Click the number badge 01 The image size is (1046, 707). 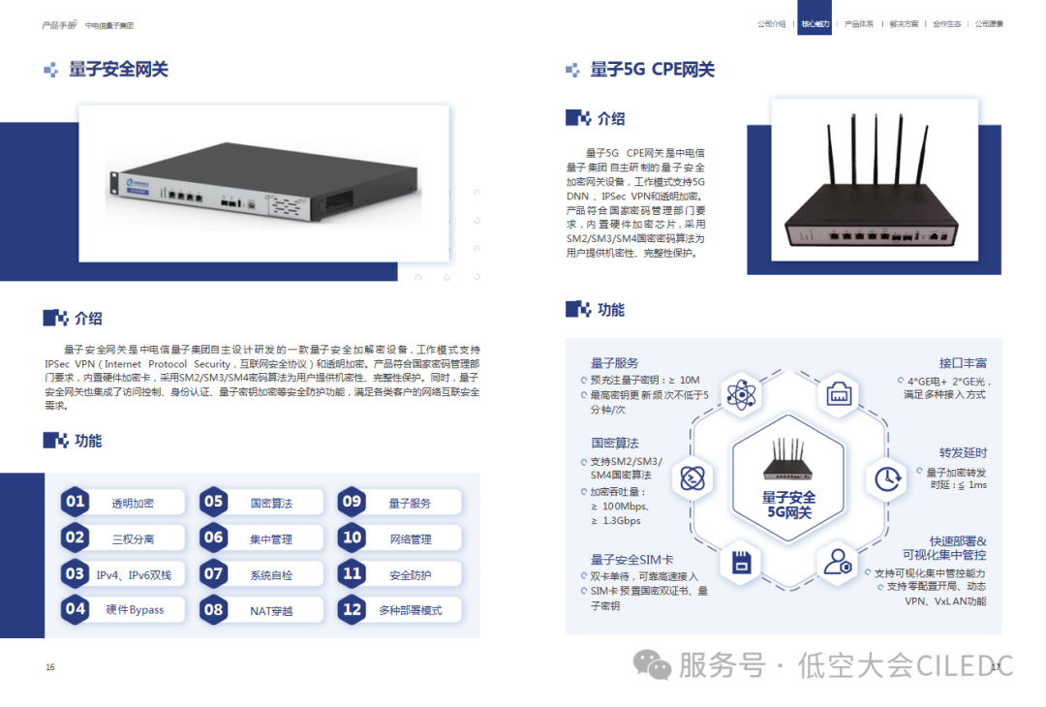click(76, 503)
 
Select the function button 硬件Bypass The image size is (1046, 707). click(135, 610)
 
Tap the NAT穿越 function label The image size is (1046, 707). click(271, 610)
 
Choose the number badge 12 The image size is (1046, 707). click(353, 610)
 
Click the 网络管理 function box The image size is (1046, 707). click(410, 538)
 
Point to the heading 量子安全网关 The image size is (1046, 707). click(118, 70)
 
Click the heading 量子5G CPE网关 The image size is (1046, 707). click(652, 70)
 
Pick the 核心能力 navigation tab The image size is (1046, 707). click(814, 23)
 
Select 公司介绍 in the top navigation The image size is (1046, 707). click(771, 23)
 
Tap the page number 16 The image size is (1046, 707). click(50, 667)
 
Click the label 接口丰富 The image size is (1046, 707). click(963, 363)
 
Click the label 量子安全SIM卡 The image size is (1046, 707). click(632, 560)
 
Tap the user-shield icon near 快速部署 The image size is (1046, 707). click(836, 562)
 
